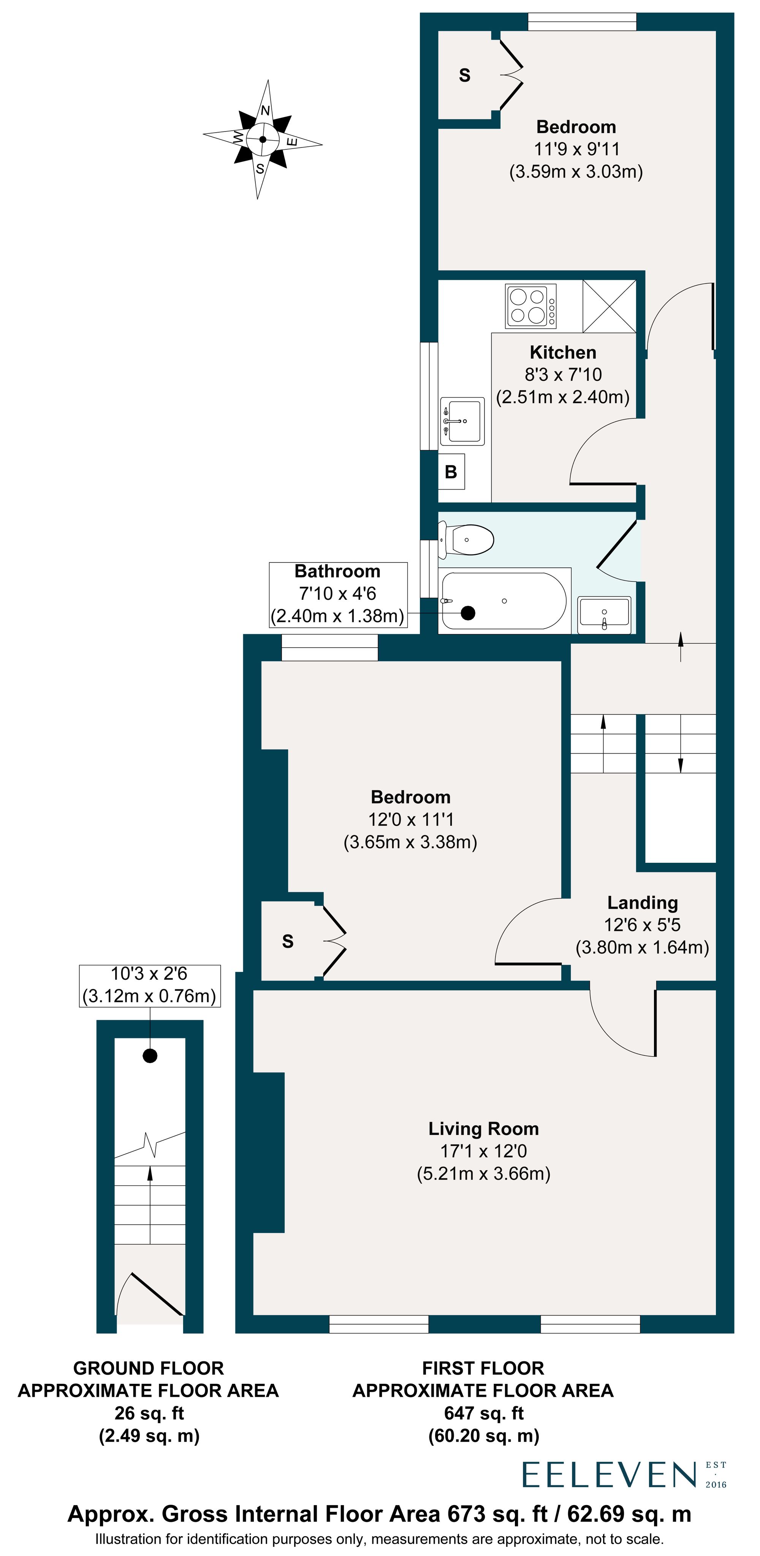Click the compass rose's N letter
[x=265, y=111]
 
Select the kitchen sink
[x=462, y=420]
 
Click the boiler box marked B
[x=451, y=472]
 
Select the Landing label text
[x=642, y=902]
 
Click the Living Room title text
[x=483, y=1128]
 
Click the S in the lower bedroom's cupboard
[x=288, y=941]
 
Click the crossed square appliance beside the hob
[x=609, y=306]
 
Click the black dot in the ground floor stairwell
[x=150, y=1055]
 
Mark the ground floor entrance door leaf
[x=157, y=1294]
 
